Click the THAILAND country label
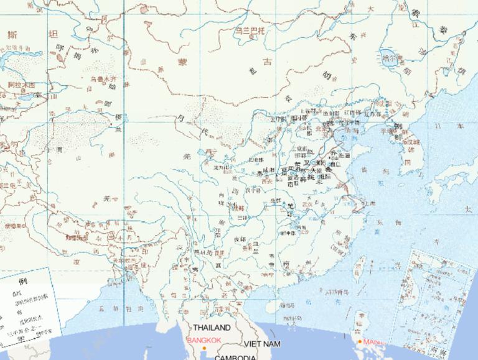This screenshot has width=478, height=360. tap(212, 327)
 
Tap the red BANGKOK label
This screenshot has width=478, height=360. tap(204, 340)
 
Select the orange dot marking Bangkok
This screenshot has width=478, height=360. tap(204, 347)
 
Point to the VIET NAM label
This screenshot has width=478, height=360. tap(262, 344)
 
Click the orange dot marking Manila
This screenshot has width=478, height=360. tap(360, 341)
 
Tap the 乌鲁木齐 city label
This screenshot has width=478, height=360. tap(103, 79)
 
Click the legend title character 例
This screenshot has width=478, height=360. tap(23, 280)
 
